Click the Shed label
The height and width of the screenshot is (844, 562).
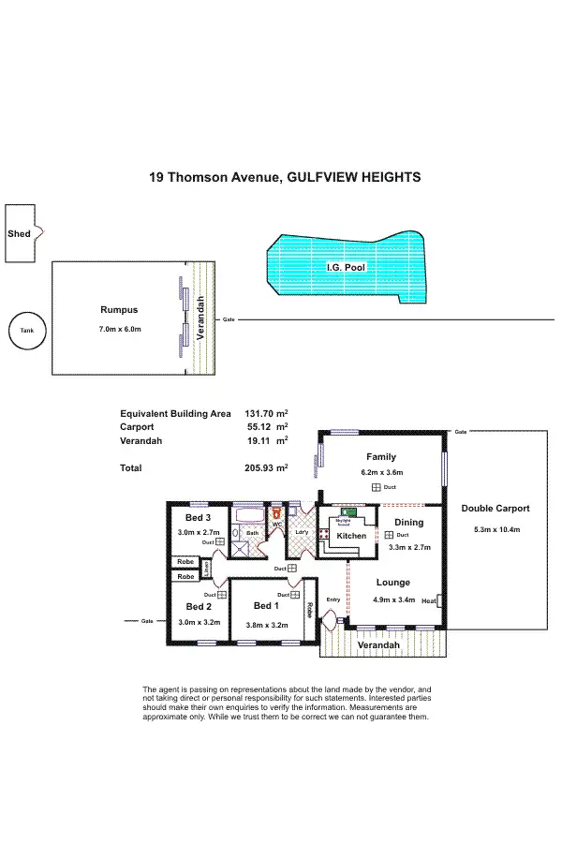coord(18,233)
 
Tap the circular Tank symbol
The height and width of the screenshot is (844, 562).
coord(27,331)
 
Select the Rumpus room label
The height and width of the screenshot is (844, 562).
coord(119,310)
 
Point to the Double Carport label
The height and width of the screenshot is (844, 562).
coord(495,509)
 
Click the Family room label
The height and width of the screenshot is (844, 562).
coord(381,458)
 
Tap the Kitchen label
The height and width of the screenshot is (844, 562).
coord(351,536)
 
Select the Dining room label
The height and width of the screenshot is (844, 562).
coord(407,523)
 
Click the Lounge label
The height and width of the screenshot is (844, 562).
coord(393,582)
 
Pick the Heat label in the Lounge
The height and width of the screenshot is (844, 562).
coord(429,601)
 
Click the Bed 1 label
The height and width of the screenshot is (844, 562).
coord(267,606)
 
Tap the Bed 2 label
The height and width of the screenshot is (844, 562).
coord(197,606)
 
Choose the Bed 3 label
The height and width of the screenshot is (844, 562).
coord(198,518)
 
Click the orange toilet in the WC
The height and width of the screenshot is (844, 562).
coord(276,513)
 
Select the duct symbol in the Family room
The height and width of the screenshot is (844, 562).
coord(376,488)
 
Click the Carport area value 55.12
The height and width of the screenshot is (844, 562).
coord(259,425)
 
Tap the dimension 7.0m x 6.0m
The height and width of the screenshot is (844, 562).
coord(119,329)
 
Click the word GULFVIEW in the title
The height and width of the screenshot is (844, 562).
coord(322,176)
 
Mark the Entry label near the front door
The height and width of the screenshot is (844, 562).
coord(333,600)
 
